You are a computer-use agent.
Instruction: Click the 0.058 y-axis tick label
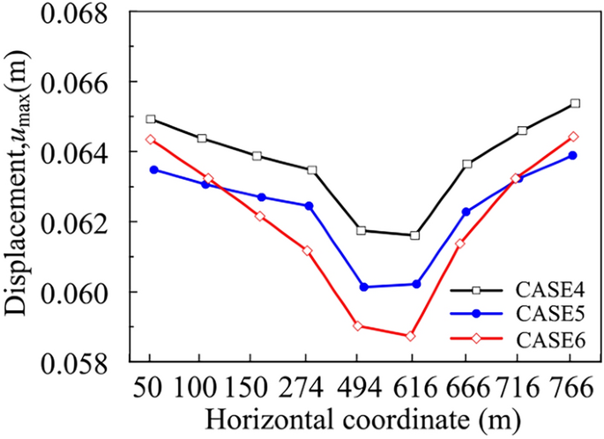click(x=86, y=362)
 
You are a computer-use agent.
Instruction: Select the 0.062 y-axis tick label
click(x=86, y=222)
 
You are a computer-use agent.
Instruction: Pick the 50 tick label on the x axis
click(x=151, y=389)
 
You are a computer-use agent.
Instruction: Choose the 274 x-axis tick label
click(x=308, y=389)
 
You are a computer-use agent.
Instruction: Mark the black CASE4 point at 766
click(x=575, y=103)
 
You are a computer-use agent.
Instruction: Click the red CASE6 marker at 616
click(x=410, y=336)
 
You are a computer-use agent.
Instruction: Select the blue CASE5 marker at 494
click(x=363, y=286)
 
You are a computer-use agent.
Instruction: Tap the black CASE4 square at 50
click(x=151, y=119)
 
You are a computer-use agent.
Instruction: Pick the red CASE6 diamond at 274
click(x=307, y=250)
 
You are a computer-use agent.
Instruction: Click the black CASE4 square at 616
click(x=414, y=235)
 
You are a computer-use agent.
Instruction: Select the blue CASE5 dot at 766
click(x=572, y=155)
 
